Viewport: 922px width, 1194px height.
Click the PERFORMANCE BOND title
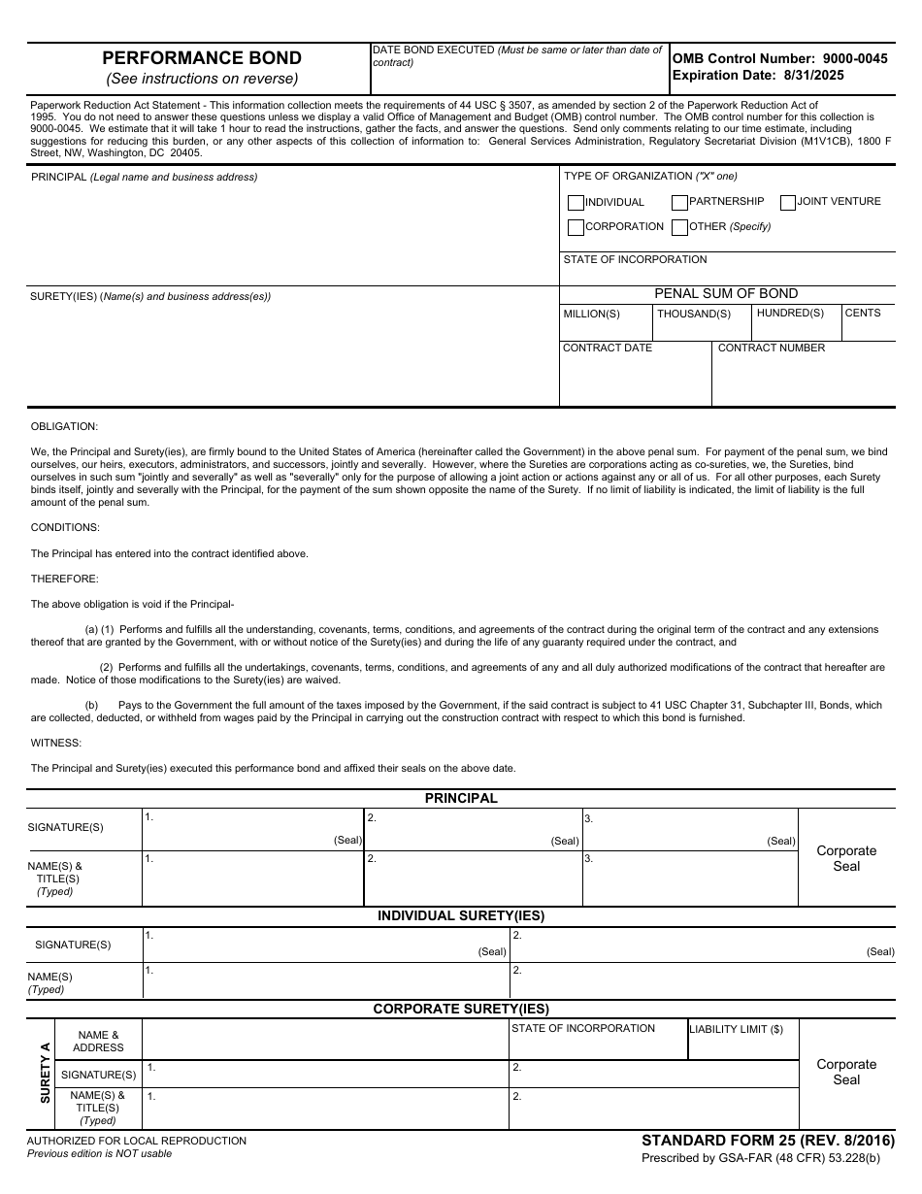[202, 58]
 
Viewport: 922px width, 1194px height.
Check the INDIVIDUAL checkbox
[576, 203]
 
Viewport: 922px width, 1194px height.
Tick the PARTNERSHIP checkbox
[679, 202]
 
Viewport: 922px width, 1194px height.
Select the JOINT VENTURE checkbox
[787, 202]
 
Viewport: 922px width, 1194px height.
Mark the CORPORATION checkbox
[576, 227]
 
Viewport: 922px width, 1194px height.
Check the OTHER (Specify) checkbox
[679, 227]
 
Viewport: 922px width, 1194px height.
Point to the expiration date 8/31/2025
[758, 75]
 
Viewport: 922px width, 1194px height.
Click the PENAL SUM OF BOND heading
[726, 293]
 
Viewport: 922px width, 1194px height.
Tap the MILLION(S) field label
[591, 314]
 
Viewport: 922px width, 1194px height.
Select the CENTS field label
[863, 313]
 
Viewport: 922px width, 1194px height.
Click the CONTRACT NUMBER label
[771, 348]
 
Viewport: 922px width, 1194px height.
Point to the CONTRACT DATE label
[608, 348]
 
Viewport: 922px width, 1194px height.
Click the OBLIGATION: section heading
[64, 426]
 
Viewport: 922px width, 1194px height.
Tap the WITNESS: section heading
[56, 743]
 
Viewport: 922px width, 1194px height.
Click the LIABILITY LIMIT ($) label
[736, 1029]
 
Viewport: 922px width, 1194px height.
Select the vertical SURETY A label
[44, 1073]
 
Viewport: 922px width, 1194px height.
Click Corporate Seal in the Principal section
[846, 858]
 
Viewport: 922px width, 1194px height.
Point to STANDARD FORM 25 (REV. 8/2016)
[768, 1141]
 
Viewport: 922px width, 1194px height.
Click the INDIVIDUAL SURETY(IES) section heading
[461, 915]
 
